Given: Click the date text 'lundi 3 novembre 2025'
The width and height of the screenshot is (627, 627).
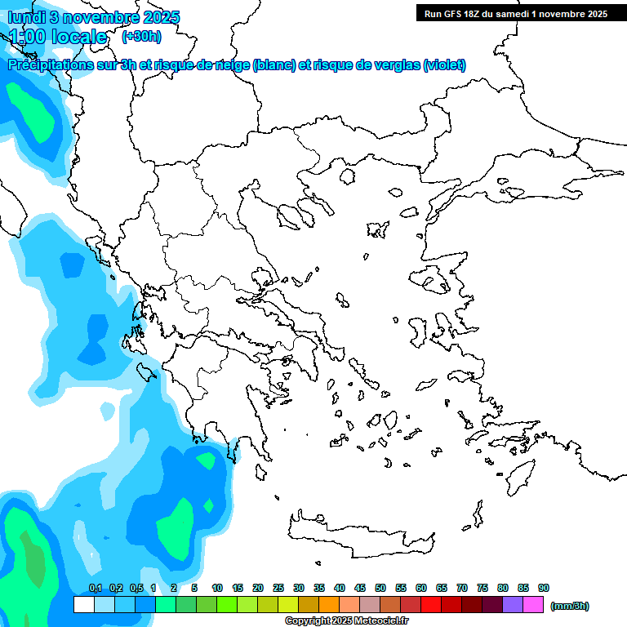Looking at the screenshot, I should click(x=94, y=17).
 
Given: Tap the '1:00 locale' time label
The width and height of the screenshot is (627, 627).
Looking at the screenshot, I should click(x=58, y=37).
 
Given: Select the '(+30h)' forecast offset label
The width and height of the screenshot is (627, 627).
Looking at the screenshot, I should click(x=141, y=36).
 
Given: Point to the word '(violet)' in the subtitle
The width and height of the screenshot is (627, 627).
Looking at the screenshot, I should click(x=444, y=65).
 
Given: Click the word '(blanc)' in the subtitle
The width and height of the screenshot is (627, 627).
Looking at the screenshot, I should click(x=274, y=65).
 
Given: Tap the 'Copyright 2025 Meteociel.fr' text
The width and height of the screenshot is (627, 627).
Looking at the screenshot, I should click(x=358, y=620).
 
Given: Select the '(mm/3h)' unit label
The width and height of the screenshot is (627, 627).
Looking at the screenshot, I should click(x=570, y=606).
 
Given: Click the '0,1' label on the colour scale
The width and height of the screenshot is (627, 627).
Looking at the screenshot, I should click(x=95, y=589).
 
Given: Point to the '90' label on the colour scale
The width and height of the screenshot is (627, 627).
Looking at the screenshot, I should click(x=544, y=589).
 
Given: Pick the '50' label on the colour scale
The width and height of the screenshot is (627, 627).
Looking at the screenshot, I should click(x=380, y=589).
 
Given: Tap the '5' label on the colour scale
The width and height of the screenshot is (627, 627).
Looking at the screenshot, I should click(x=194, y=589).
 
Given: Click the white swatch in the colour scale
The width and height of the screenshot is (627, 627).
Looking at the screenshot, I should click(x=84, y=604).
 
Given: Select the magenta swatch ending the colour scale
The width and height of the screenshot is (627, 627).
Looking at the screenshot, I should click(x=533, y=604).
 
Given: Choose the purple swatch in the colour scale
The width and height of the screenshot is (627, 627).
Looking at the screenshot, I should click(x=513, y=604).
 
